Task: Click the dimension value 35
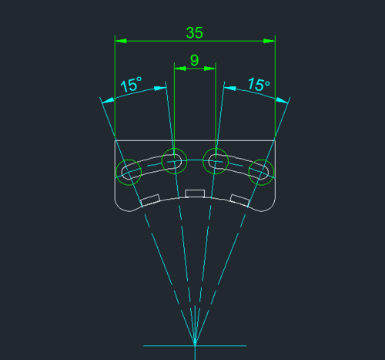[x=194, y=33]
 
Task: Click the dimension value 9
[x=195, y=60]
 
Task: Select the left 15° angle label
[x=131, y=84]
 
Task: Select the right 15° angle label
[x=259, y=84]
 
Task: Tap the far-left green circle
[x=115, y=172]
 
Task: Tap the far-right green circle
[x=274, y=172]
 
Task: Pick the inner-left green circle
[x=162, y=161]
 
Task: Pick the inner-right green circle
[x=228, y=161]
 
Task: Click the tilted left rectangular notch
[x=150, y=200]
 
